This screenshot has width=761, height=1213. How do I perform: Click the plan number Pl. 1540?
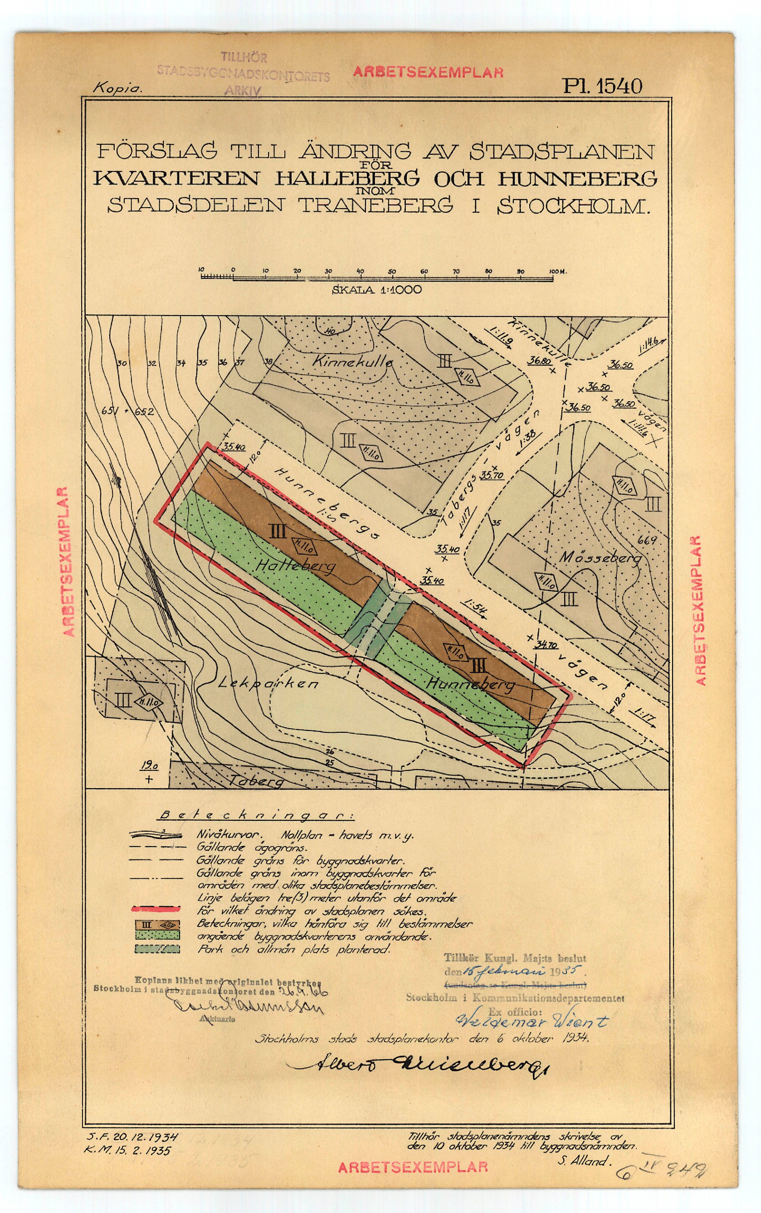(x=602, y=87)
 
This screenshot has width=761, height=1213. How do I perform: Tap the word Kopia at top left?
(x=118, y=88)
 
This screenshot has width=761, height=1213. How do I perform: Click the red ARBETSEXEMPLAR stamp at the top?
(x=428, y=72)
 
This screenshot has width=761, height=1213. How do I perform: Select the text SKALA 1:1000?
(x=376, y=290)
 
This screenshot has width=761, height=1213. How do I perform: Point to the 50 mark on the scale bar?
(x=392, y=272)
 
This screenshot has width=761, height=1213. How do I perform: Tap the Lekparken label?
(x=269, y=684)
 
